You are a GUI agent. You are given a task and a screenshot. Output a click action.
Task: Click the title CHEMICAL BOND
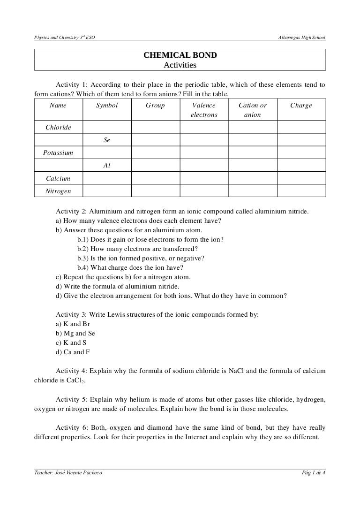pyautogui.click(x=180, y=55)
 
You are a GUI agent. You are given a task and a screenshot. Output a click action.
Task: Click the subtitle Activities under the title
pyautogui.click(x=180, y=65)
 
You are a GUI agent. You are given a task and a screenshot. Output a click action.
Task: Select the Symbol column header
pyautogui.click(x=107, y=106)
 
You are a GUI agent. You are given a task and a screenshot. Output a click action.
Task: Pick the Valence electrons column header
pyautogui.click(x=204, y=110)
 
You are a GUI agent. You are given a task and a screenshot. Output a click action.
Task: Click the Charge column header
pyautogui.click(x=301, y=106)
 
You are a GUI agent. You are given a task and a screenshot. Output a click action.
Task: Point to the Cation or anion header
pyautogui.click(x=253, y=110)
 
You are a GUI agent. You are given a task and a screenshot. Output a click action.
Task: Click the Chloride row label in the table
pyautogui.click(x=58, y=128)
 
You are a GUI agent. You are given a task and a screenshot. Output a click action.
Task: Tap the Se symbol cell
pyautogui.click(x=107, y=140)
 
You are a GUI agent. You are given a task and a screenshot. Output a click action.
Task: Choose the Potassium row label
pyautogui.click(x=58, y=153)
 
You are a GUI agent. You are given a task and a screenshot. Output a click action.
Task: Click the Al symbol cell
pyautogui.click(x=107, y=166)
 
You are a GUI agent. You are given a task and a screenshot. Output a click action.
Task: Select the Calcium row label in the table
pyautogui.click(x=58, y=178)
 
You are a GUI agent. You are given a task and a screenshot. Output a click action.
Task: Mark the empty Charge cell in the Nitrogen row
pyautogui.click(x=301, y=191)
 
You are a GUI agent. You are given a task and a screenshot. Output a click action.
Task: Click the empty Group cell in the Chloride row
pyautogui.click(x=155, y=128)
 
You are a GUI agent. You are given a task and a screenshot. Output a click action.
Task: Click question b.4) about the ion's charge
pyautogui.click(x=130, y=267)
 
